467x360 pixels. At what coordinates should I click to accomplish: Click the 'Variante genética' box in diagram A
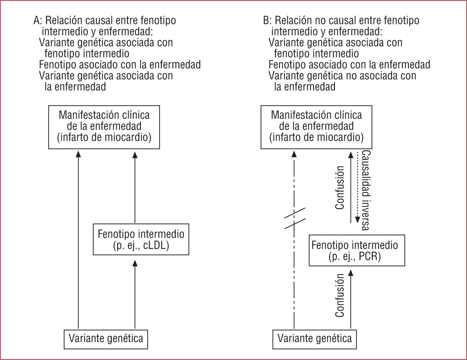tap(106, 339)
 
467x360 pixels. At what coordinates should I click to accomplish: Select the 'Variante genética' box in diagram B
tap(314, 339)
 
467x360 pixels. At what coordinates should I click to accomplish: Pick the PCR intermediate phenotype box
tap(357, 250)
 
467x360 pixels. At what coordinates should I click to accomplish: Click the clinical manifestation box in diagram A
tap(104, 127)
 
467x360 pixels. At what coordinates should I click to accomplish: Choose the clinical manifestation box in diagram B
tap(316, 127)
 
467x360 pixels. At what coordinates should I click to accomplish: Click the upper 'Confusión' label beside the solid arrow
tap(340, 187)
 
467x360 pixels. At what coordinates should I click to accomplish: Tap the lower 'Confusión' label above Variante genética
tap(340, 295)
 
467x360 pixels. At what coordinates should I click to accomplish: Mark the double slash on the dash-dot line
tap(294, 218)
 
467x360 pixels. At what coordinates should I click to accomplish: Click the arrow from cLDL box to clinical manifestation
tap(135, 187)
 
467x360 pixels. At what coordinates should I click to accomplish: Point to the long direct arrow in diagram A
tap(78, 239)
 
